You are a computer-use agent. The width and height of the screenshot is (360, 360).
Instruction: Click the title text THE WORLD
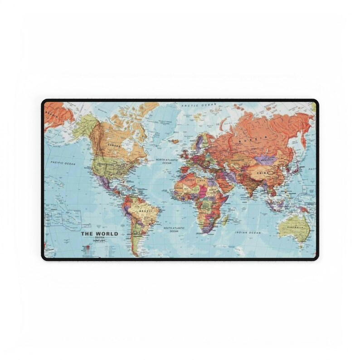pyautogui.click(x=99, y=234)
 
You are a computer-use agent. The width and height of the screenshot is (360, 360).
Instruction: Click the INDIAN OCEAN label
pyautogui.click(x=248, y=232)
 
